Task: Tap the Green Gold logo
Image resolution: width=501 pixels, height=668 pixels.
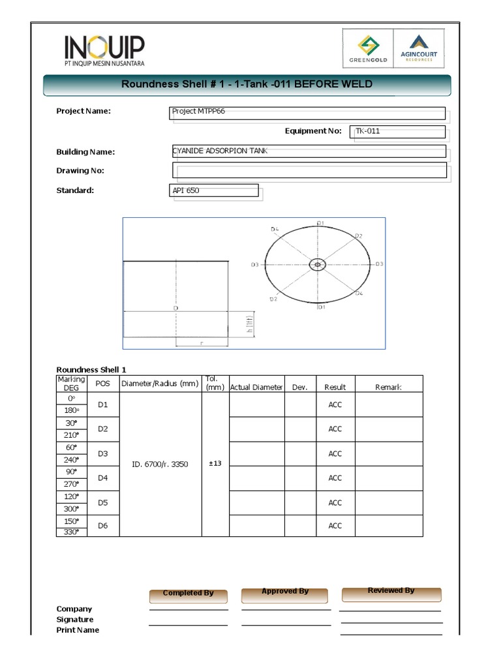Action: [372, 50]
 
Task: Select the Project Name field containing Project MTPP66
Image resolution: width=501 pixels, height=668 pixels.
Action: [307, 114]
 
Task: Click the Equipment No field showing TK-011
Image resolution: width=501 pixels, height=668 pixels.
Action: [397, 132]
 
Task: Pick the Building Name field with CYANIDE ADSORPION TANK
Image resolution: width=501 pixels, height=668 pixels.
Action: [309, 151]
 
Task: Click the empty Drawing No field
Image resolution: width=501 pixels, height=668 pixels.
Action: [309, 170]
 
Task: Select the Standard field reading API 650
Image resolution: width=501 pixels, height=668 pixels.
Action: [213, 190]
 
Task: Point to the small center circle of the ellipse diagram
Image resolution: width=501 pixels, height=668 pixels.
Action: [318, 264]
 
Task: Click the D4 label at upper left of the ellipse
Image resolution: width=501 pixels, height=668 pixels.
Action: [275, 230]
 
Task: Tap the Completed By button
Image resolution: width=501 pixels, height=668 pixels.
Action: [188, 594]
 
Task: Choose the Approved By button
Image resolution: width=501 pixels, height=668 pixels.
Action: [285, 592]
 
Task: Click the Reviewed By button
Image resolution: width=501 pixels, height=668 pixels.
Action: [391, 592]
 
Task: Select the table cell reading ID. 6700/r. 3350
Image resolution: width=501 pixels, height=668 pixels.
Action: [160, 464]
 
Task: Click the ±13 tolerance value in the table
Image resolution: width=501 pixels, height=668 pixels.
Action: [215, 464]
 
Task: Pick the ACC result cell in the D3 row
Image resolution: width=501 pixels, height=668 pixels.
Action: [335, 453]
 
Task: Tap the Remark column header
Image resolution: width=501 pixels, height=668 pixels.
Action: [388, 387]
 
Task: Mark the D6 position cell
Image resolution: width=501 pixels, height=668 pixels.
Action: [102, 526]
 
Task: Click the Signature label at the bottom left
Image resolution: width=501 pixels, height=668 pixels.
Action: [75, 619]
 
